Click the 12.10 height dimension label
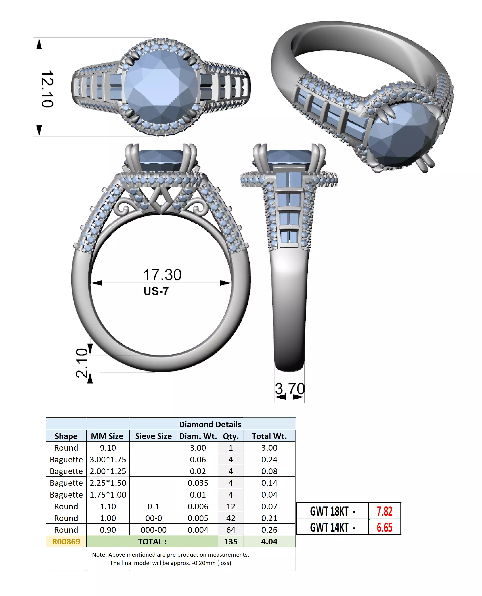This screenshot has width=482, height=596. click(x=47, y=89)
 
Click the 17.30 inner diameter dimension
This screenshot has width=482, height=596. click(x=162, y=275)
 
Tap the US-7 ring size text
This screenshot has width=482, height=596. click(x=156, y=291)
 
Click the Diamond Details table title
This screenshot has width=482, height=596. click(x=210, y=424)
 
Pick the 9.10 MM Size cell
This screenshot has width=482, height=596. click(x=108, y=448)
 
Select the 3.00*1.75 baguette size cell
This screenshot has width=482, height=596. click(x=108, y=460)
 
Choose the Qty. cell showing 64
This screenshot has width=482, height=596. click(x=231, y=530)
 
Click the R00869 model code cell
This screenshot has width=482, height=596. click(x=66, y=541)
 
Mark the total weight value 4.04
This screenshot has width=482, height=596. click(x=269, y=541)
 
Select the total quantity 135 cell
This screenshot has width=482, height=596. click(x=231, y=541)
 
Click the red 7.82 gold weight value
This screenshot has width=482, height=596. click(x=384, y=511)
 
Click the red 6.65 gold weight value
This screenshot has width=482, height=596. click(x=384, y=527)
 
